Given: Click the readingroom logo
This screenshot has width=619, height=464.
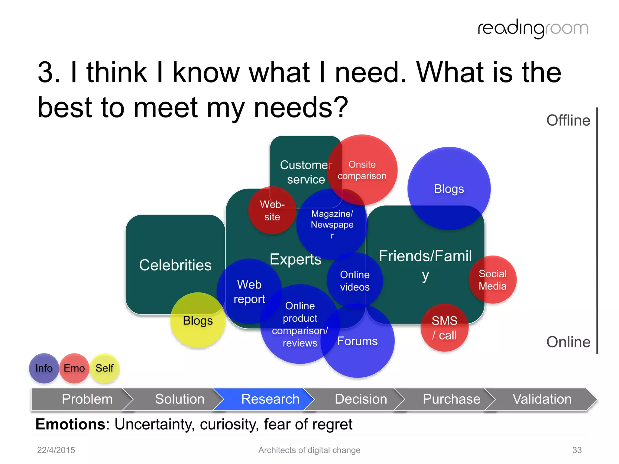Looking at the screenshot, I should click(x=533, y=29).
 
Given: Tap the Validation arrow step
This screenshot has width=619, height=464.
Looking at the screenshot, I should click(x=542, y=399).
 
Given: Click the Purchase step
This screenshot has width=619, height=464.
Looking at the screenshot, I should click(x=451, y=399).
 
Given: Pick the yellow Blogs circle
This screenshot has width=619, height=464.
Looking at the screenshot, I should click(x=198, y=321).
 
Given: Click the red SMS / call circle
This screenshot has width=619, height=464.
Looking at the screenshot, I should click(x=444, y=328).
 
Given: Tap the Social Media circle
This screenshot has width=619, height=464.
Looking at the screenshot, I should click(x=493, y=280).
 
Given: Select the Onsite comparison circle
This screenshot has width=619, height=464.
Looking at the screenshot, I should click(x=362, y=170).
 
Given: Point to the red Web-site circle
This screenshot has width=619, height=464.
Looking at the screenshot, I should click(x=272, y=210).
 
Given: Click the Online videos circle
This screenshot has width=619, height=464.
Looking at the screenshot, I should click(x=355, y=281).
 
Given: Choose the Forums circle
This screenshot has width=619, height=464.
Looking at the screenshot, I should click(x=358, y=341).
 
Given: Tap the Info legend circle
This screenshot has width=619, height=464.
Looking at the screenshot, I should click(x=44, y=368).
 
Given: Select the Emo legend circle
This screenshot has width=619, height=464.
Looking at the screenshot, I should click(x=74, y=368).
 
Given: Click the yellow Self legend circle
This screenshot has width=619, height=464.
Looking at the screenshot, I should click(x=105, y=368).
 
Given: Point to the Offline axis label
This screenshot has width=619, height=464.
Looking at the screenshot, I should click(x=568, y=120).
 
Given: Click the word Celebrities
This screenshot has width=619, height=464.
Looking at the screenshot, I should click(x=175, y=265).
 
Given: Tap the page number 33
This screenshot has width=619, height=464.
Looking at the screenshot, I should click(x=577, y=450).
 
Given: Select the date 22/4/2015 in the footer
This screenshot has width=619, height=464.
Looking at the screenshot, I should click(x=56, y=450).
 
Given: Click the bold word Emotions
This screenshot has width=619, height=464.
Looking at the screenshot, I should click(x=70, y=424).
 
